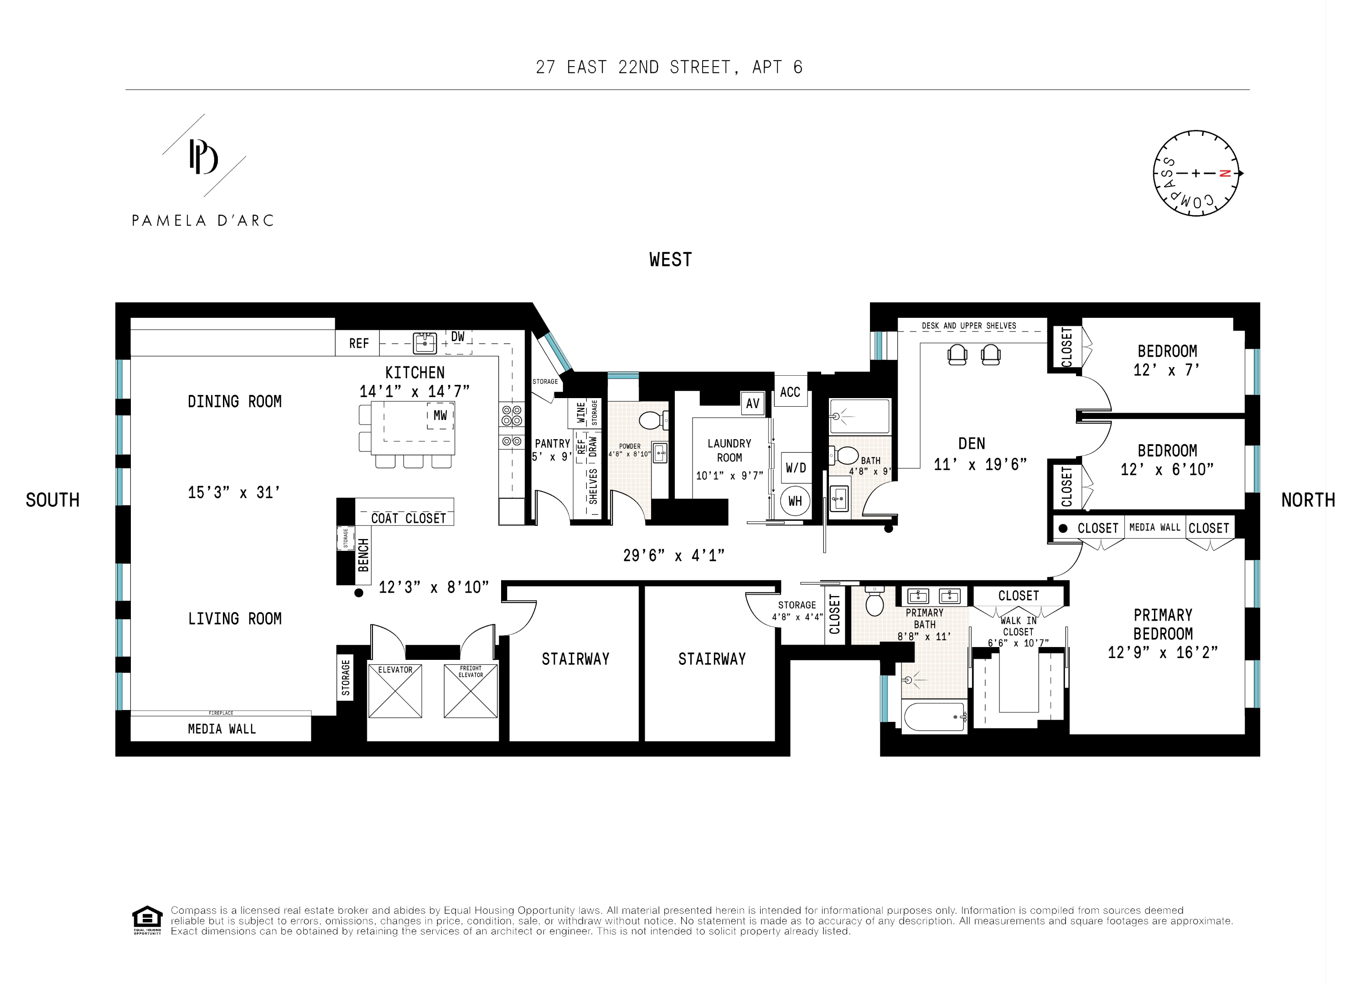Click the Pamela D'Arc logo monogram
click(x=203, y=157)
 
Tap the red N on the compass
click(x=1225, y=173)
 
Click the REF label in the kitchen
click(x=359, y=343)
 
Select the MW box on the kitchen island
click(x=440, y=415)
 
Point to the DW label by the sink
click(x=458, y=337)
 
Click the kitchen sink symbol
click(x=425, y=343)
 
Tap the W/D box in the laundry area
click(x=796, y=467)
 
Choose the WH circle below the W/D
click(x=795, y=501)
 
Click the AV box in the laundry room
click(x=752, y=404)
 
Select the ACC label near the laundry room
click(x=790, y=392)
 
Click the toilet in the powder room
click(x=651, y=420)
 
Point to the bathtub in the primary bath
click(x=934, y=717)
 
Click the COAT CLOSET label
click(x=409, y=518)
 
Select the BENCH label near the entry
click(x=363, y=555)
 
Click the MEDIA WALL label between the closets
click(x=1154, y=527)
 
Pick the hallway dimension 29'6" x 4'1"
click(x=673, y=555)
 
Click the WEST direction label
click(x=670, y=259)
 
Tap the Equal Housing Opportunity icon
click(x=147, y=919)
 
